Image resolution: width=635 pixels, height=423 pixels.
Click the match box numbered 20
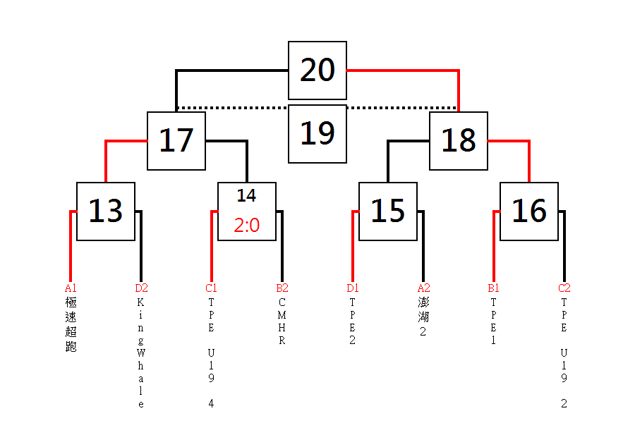click(x=317, y=70)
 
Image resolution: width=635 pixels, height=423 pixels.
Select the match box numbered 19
click(x=317, y=134)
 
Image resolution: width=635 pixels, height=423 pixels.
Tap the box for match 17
click(x=176, y=141)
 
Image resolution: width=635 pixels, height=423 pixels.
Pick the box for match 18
click(x=459, y=141)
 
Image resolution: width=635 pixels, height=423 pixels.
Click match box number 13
click(x=106, y=211)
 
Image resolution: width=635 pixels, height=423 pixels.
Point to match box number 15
click(x=388, y=211)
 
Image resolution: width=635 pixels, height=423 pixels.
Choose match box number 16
click(x=529, y=211)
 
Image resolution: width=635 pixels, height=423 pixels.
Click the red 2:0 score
click(x=247, y=225)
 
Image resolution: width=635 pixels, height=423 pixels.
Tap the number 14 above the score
click(x=247, y=196)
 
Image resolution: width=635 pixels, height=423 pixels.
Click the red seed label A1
click(x=71, y=288)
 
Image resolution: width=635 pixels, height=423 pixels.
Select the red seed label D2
click(x=141, y=288)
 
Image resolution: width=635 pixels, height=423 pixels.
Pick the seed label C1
click(x=211, y=288)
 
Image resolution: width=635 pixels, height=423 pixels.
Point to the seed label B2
click(x=282, y=288)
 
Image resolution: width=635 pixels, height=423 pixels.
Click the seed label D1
click(x=352, y=288)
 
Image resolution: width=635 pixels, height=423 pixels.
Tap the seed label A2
click(x=423, y=288)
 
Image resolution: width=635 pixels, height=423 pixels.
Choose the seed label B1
click(x=493, y=288)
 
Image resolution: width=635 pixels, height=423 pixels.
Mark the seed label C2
click(x=564, y=288)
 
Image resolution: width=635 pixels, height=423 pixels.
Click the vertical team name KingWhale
click(x=140, y=353)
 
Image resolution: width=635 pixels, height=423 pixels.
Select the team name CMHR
click(x=282, y=321)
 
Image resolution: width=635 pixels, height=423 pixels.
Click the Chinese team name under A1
click(x=71, y=324)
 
